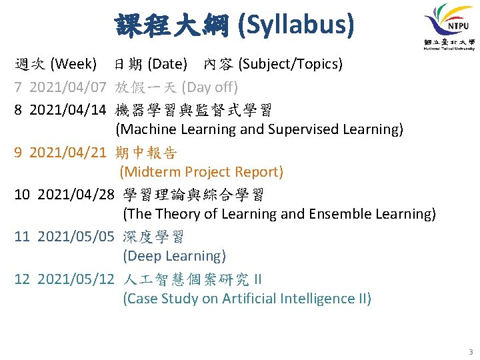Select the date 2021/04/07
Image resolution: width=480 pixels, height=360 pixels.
(68, 87)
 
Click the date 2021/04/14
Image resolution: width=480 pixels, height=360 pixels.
(68, 110)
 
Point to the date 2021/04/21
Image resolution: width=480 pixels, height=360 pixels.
(68, 153)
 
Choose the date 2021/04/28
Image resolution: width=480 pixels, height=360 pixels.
(76, 195)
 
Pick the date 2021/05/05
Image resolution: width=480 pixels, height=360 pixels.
(76, 237)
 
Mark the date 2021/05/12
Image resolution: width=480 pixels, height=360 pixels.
(76, 279)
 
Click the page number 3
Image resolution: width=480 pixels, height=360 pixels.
(470, 351)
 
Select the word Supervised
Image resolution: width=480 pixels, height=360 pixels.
(299, 129)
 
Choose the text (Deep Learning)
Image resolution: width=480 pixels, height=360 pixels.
(175, 256)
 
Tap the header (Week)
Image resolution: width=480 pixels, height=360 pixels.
(74, 65)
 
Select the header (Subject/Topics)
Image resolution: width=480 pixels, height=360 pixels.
(291, 65)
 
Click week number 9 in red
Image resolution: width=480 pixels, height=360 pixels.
(19, 153)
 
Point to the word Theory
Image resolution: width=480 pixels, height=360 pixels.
(171, 214)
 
